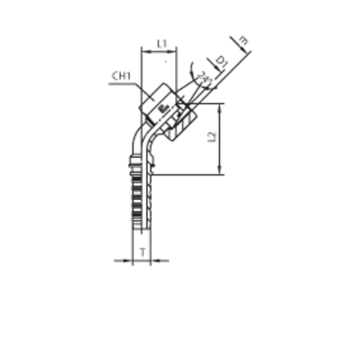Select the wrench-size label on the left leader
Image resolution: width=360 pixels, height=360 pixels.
tap(117, 75)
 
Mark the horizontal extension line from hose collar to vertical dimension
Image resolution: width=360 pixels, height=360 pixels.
tap(185, 174)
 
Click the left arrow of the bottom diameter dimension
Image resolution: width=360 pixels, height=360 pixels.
tap(129, 258)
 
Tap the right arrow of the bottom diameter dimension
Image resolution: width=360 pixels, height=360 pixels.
tap(153, 258)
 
